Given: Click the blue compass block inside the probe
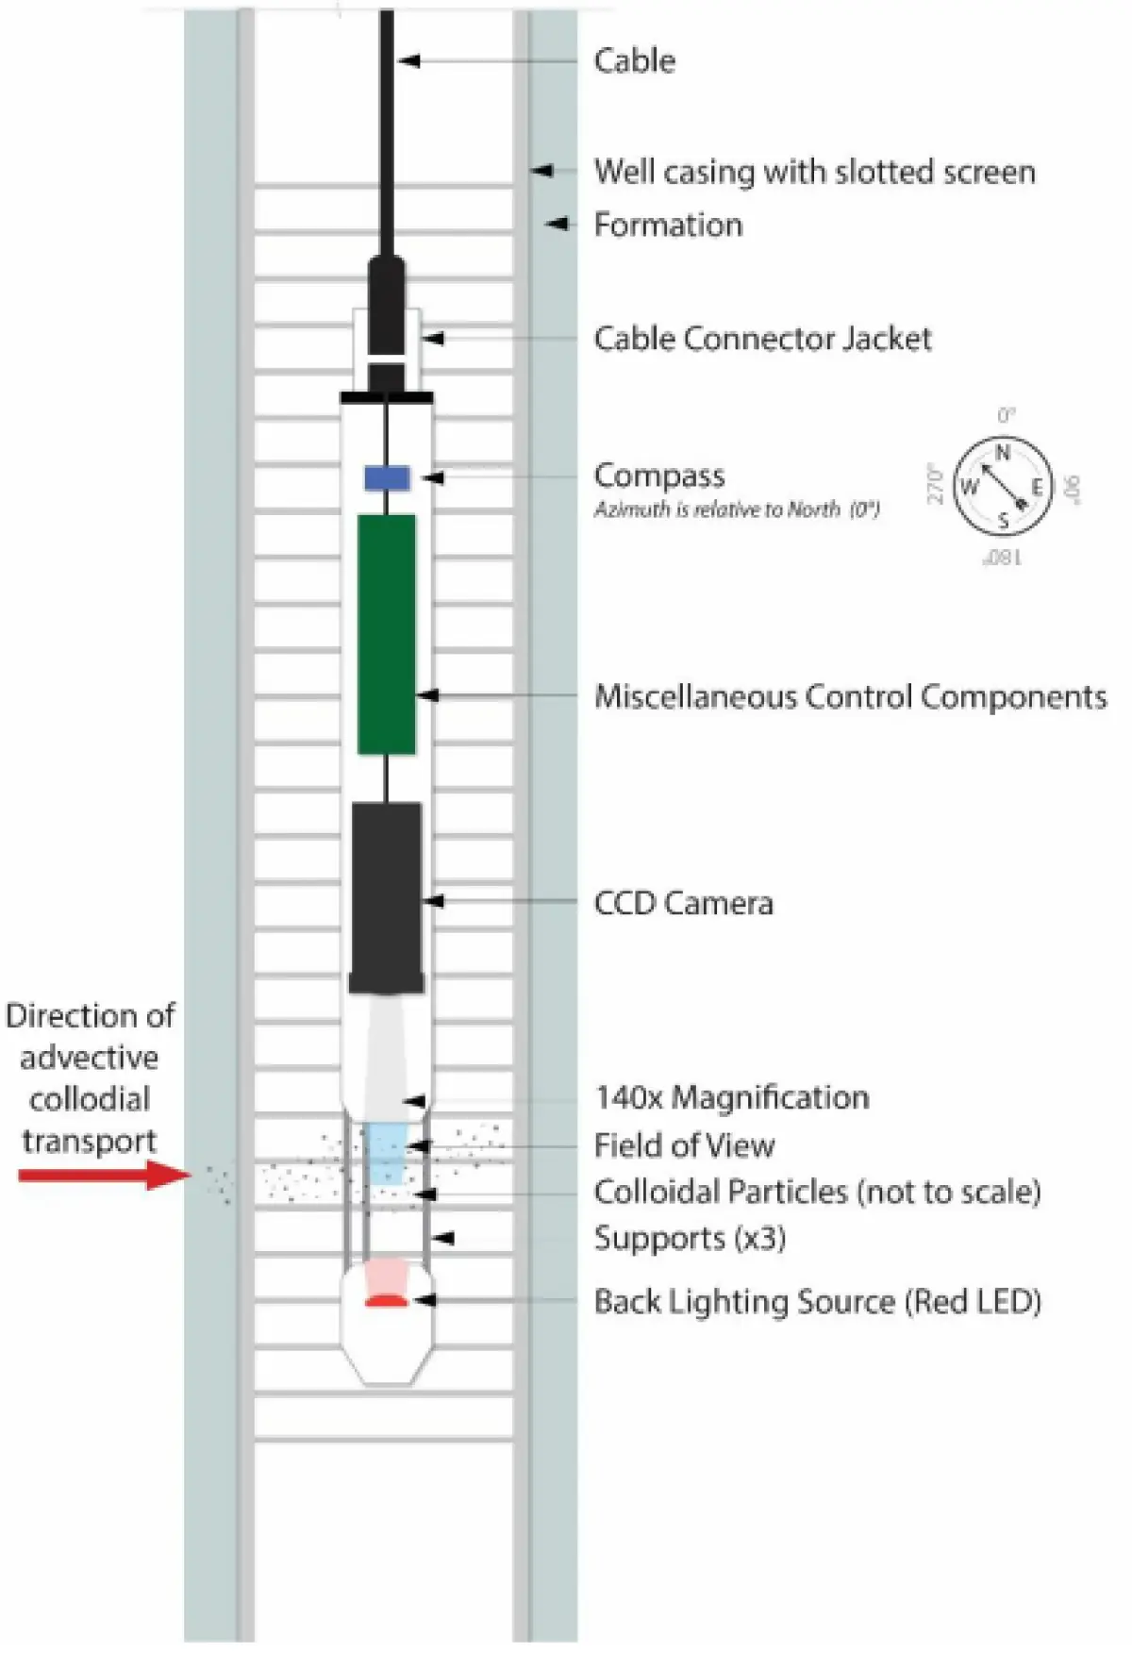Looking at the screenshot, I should click(387, 478).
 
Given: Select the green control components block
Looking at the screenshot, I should click(387, 634).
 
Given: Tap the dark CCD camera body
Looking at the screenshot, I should click(386, 896).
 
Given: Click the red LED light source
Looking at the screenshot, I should click(387, 1301).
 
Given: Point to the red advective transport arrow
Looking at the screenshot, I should click(104, 1175).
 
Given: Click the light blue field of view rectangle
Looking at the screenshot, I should click(387, 1153).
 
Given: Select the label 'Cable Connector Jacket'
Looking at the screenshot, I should click(762, 339).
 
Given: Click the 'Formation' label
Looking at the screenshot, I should click(668, 225).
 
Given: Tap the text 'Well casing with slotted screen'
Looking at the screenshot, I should click(814, 172).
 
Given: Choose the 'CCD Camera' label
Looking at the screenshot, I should click(683, 903).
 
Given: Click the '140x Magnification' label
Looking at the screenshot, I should click(731, 1097).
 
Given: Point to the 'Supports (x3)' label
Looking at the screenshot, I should click(690, 1238).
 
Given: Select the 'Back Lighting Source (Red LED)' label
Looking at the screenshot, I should click(817, 1302).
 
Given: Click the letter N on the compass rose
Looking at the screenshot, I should click(1003, 452).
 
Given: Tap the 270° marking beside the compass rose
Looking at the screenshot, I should click(935, 484).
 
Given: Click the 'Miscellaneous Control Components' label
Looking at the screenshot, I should click(850, 696).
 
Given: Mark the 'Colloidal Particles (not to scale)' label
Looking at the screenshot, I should click(817, 1192).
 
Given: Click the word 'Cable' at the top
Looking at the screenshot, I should click(634, 61).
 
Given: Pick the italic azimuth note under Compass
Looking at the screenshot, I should click(736, 510).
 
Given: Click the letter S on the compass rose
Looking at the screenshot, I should click(1003, 521).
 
